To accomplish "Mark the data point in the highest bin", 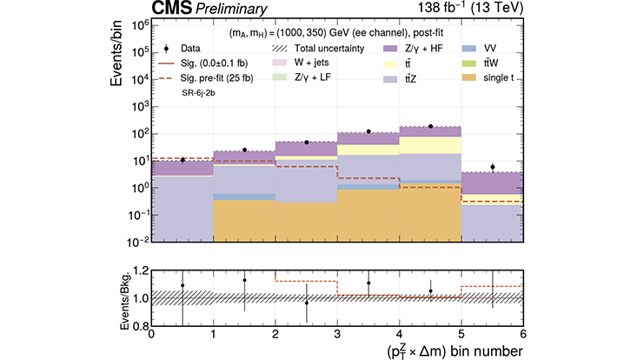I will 430,126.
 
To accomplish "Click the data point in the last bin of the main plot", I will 492,166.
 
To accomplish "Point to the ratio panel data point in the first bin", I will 182,285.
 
